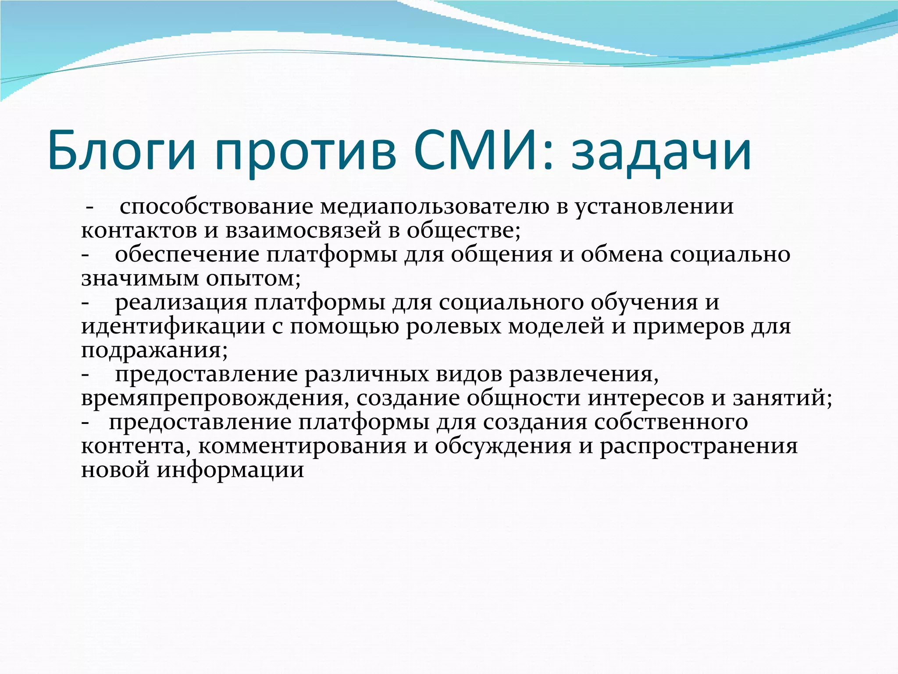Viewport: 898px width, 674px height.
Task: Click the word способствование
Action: (x=216, y=206)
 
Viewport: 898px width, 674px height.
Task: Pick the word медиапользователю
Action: (x=435, y=206)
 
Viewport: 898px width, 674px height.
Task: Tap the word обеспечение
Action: (x=187, y=255)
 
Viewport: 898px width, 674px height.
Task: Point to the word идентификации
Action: (x=173, y=326)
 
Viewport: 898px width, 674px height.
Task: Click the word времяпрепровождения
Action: (x=215, y=398)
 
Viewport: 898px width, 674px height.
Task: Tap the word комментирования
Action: (x=303, y=446)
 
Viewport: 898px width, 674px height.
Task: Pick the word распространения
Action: (x=698, y=446)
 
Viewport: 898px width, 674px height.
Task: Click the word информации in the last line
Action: (x=231, y=470)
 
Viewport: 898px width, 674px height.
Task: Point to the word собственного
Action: (x=671, y=422)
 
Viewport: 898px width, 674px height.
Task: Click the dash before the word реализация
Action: (x=86, y=303)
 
